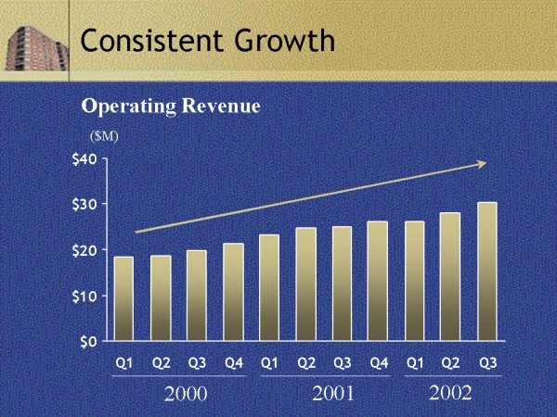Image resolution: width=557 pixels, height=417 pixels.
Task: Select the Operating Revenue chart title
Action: pos(171,107)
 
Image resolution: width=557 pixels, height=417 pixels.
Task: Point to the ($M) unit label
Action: pos(104,135)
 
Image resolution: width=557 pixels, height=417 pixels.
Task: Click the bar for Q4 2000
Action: pos(233,292)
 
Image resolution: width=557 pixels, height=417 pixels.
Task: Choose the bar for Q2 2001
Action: pos(305,284)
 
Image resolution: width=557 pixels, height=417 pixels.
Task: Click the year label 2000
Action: pos(185,395)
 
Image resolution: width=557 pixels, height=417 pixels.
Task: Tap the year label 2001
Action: pos(333,395)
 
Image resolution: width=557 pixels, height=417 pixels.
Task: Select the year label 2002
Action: pos(450,394)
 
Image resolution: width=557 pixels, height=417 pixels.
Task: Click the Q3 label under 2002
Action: pos(487,363)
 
